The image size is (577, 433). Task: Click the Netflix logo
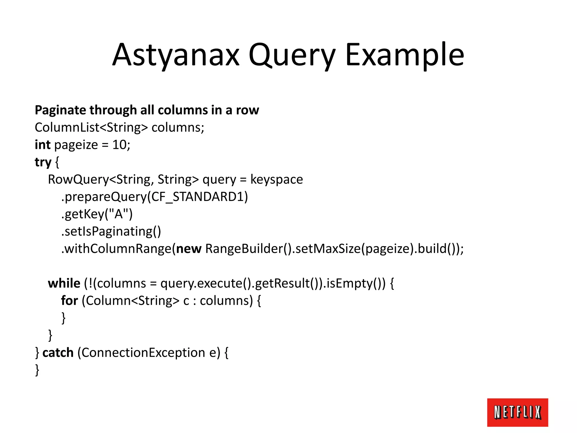click(517, 412)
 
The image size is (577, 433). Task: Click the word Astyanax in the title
click(176, 55)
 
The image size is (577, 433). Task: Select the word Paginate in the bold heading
click(60, 110)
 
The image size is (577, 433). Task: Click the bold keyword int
click(43, 145)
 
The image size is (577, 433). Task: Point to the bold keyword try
click(43, 162)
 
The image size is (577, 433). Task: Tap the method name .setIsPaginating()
click(111, 231)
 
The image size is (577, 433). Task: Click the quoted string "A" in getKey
click(119, 214)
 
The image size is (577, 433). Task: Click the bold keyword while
click(64, 283)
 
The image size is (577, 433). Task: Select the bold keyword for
click(69, 301)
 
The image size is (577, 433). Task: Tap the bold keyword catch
click(58, 353)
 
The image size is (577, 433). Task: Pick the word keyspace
click(276, 180)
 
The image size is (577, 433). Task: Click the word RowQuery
click(78, 180)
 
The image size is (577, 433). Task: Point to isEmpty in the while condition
click(349, 283)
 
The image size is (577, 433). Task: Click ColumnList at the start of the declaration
click(67, 128)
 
